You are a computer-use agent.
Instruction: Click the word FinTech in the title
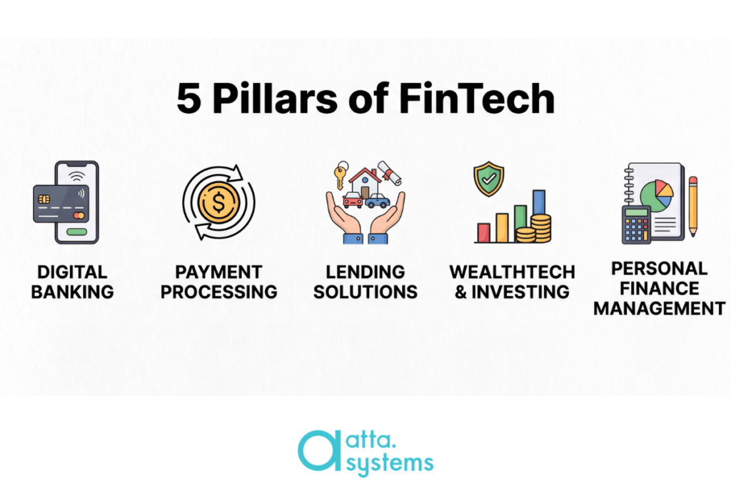(476, 98)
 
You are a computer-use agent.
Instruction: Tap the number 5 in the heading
(188, 99)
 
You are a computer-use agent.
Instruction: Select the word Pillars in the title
(275, 98)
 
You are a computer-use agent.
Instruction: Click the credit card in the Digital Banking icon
(61, 204)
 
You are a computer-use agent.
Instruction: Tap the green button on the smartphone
(77, 231)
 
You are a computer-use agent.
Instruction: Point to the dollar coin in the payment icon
(218, 202)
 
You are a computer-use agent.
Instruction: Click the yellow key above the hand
(341, 174)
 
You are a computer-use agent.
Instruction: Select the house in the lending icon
(365, 182)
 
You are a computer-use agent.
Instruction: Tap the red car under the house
(353, 199)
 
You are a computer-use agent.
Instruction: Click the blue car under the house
(378, 201)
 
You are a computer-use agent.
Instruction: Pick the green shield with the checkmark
(488, 178)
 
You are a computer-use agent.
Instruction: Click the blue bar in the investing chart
(538, 202)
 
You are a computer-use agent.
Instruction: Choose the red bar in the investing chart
(483, 232)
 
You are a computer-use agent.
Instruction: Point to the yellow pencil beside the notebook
(692, 206)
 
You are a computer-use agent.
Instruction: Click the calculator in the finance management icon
(636, 225)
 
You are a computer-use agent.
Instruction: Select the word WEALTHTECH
(512, 272)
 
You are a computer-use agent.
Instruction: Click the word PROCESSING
(218, 292)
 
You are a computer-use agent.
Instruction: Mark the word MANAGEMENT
(659, 309)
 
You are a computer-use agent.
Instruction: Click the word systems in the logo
(390, 463)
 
